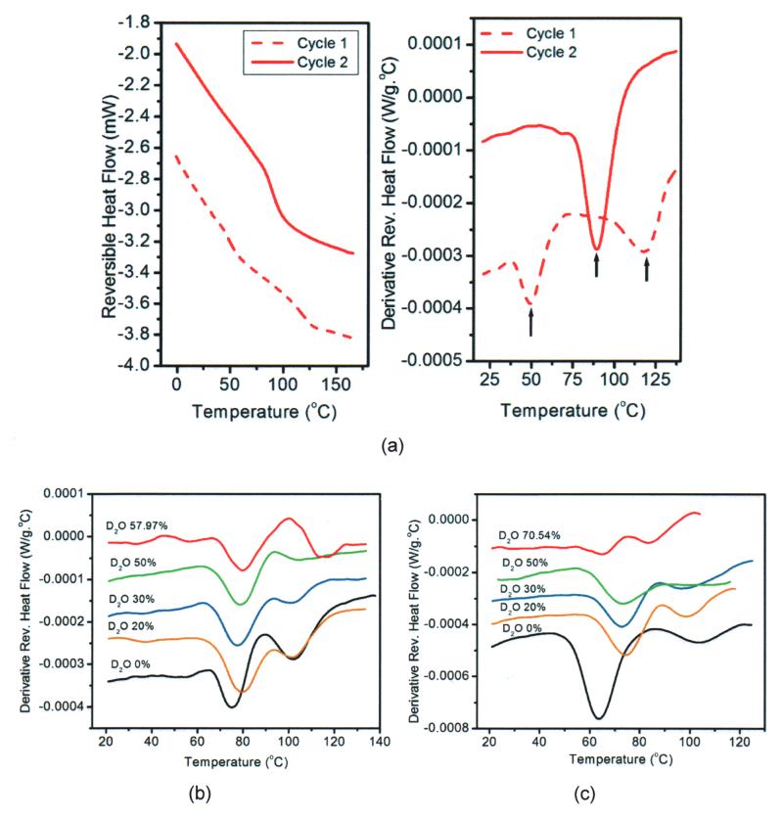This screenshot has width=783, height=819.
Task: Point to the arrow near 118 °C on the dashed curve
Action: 646,267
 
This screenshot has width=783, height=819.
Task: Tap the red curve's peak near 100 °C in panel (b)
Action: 289,519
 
